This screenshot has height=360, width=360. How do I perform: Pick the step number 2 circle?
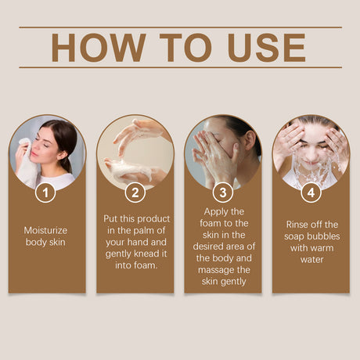[135, 192]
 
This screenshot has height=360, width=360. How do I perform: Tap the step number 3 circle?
[223, 192]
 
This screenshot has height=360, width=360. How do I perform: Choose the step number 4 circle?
[311, 192]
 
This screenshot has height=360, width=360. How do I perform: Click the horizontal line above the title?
[180, 27]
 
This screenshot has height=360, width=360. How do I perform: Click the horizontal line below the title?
[180, 67]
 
